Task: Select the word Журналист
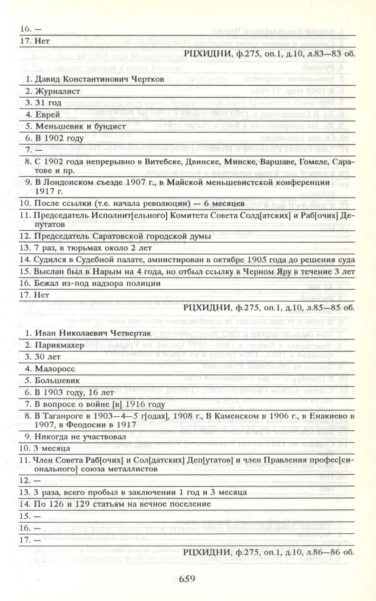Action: [x=57, y=91]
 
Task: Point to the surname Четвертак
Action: [x=131, y=333]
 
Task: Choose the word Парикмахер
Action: [x=59, y=345]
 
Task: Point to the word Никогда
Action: [x=50, y=437]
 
